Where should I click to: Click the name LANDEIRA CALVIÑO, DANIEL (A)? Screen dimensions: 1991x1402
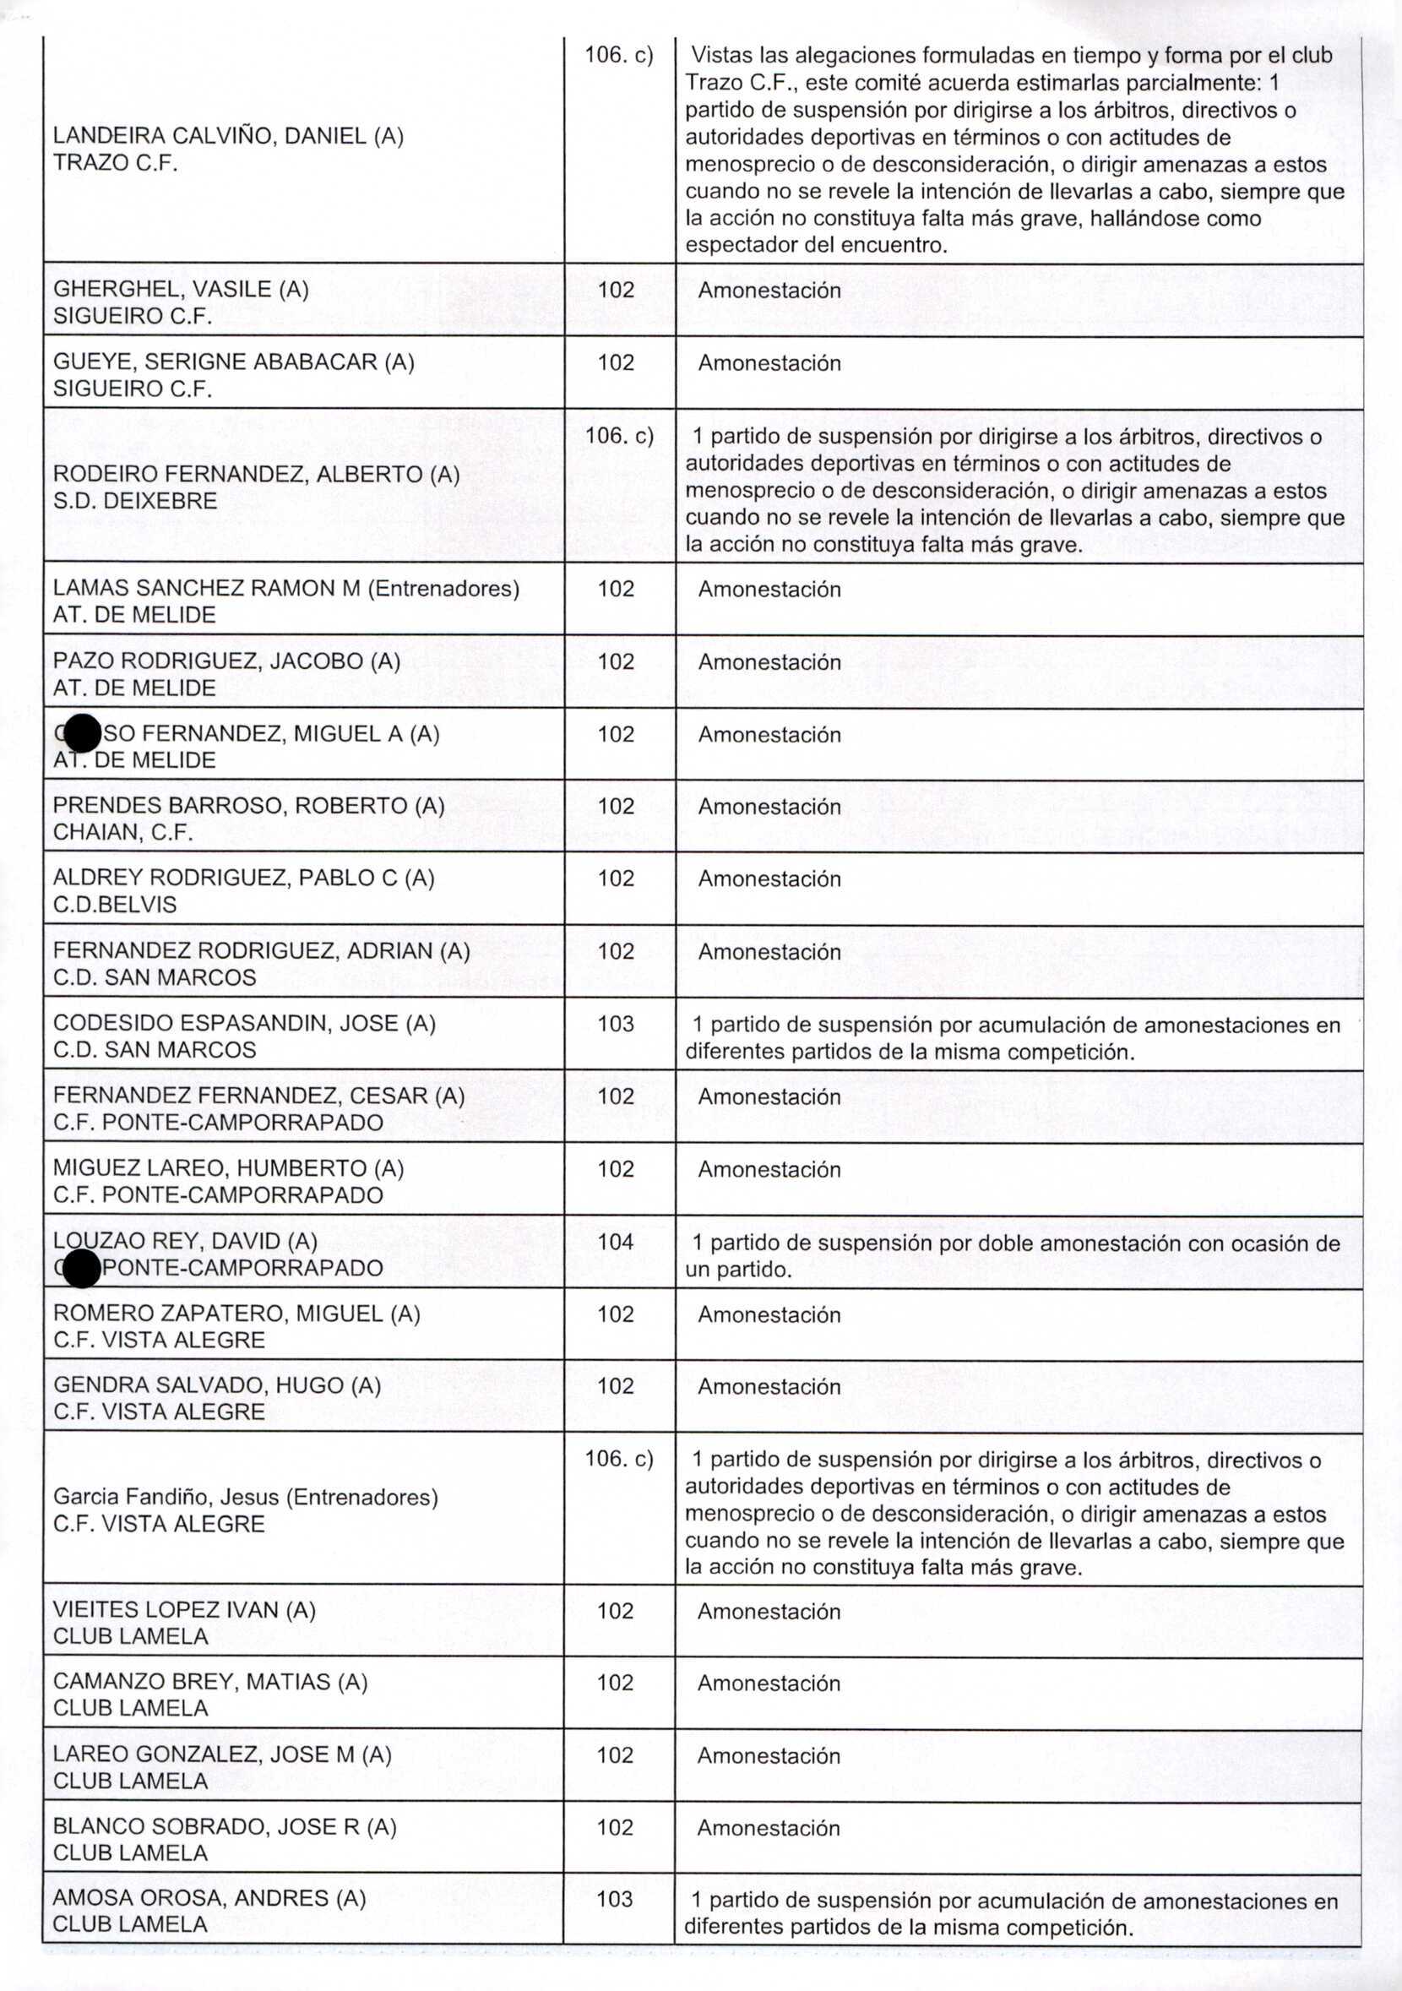tap(228, 136)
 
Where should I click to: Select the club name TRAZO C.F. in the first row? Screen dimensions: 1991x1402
tap(116, 163)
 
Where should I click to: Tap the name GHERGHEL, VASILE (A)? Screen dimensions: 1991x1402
tap(181, 290)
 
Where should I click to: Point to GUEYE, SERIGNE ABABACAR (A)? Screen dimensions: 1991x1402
tap(233, 362)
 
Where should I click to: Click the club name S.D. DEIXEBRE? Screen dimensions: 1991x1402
tap(134, 501)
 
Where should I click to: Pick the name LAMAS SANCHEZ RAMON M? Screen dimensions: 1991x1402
tap(206, 589)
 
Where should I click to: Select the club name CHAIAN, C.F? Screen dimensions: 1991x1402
tap(122, 833)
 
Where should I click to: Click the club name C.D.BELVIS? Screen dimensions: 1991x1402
tap(115, 905)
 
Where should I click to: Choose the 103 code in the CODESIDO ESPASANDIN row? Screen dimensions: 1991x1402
tap(616, 1024)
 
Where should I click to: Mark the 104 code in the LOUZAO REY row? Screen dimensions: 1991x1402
tap(616, 1242)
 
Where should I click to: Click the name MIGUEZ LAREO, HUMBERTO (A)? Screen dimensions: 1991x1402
tap(228, 1169)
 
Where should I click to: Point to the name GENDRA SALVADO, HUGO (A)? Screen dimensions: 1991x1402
tap(217, 1385)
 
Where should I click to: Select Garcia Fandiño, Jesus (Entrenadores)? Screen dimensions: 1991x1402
tap(246, 1497)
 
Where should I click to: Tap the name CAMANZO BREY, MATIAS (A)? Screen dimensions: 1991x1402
tap(209, 1683)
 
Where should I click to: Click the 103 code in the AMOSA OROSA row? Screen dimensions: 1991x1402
tap(615, 1899)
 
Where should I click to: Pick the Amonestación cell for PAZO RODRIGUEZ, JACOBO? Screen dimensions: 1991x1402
tap(769, 662)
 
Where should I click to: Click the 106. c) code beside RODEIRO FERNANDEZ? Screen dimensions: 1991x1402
tap(619, 435)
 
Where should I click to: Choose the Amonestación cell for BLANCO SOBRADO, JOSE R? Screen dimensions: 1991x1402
tap(769, 1828)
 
